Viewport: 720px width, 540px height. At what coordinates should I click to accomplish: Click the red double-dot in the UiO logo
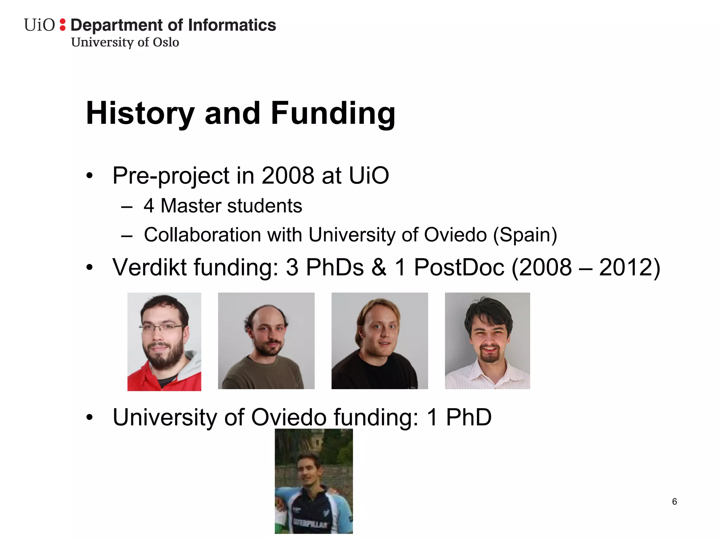click(x=63, y=25)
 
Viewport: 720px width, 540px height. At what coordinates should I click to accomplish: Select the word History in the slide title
click(x=140, y=113)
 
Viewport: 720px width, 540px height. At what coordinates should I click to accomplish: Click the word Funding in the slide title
click(x=333, y=113)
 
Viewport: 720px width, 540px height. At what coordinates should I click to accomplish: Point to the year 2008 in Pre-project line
click(x=288, y=175)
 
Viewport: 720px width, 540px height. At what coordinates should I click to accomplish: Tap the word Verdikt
click(x=149, y=267)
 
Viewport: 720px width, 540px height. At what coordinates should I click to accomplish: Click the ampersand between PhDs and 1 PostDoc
click(x=379, y=267)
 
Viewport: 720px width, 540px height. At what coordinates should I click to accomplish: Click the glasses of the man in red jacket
click(x=162, y=327)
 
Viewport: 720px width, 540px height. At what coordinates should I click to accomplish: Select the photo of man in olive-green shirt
click(x=266, y=341)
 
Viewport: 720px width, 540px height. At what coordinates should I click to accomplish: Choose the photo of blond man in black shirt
click(x=380, y=341)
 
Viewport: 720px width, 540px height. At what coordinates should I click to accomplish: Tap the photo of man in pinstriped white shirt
click(x=487, y=341)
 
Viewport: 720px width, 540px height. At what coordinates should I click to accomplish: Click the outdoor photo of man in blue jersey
click(x=314, y=481)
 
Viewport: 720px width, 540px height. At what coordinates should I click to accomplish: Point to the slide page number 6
click(x=674, y=502)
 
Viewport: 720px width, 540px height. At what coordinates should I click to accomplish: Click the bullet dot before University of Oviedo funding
click(x=90, y=418)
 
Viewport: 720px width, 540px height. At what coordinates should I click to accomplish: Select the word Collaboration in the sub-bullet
click(x=202, y=235)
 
